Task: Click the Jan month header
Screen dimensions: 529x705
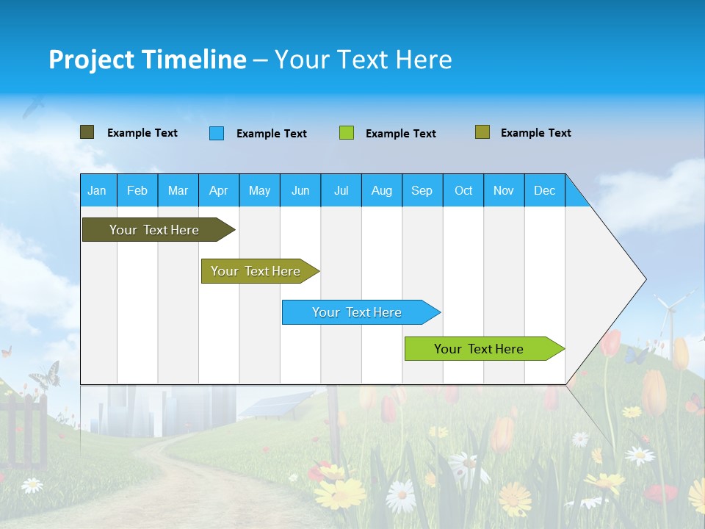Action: click(97, 190)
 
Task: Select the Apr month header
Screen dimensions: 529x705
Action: click(218, 190)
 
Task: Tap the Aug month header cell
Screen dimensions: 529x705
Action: click(381, 190)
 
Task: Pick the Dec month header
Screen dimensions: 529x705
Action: click(544, 190)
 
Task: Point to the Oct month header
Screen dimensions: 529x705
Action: click(463, 190)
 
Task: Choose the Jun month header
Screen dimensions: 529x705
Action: click(300, 190)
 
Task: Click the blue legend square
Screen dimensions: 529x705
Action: click(217, 133)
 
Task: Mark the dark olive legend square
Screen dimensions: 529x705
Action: click(87, 132)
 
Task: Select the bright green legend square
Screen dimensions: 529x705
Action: click(347, 133)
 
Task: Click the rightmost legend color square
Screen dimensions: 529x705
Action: click(482, 132)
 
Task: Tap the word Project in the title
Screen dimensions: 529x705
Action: click(92, 60)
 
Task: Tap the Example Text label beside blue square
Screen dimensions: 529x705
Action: click(271, 134)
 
